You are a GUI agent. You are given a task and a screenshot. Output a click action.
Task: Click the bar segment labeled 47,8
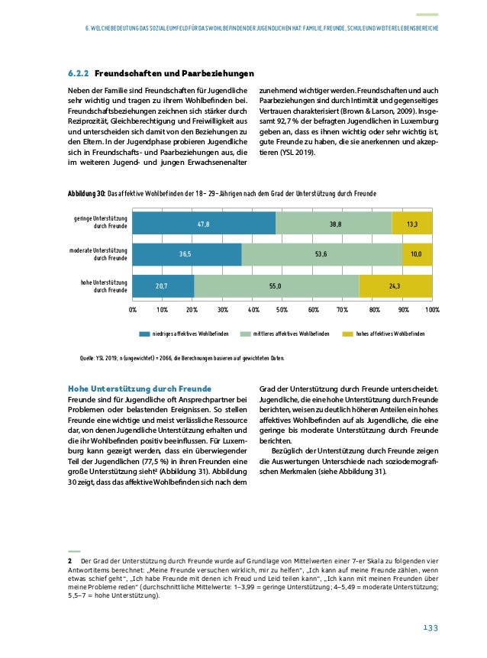[x=204, y=223]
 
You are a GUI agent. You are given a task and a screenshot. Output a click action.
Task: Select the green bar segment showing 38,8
[x=334, y=223]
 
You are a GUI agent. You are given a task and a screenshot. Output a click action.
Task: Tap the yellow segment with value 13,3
[x=412, y=223]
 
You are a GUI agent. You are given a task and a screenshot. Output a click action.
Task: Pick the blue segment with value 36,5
[x=187, y=254]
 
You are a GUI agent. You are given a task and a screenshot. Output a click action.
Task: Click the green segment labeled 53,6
[x=321, y=254]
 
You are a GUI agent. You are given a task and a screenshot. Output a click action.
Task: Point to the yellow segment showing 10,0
[x=417, y=254]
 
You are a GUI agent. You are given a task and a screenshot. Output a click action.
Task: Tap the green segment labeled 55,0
[x=276, y=285]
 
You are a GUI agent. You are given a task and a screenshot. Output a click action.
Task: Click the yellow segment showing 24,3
[x=395, y=285]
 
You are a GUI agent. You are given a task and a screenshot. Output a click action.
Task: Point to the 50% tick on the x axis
[x=282, y=310]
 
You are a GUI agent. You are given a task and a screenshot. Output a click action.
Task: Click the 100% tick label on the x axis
[x=432, y=310]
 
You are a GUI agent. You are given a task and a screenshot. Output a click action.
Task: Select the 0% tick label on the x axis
[x=132, y=310]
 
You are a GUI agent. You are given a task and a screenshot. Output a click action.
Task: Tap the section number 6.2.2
[x=78, y=74]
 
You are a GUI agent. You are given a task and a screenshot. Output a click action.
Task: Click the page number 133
[x=431, y=627]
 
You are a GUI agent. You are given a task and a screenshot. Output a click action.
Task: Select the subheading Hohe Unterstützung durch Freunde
[x=140, y=388]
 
